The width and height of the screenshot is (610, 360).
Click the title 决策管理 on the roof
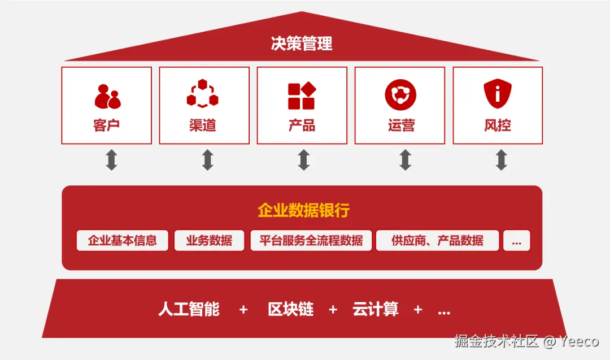click(x=302, y=44)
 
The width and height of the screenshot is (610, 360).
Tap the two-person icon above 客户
click(x=107, y=97)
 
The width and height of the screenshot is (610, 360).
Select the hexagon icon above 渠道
click(x=203, y=94)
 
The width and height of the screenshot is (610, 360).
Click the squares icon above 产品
click(x=302, y=96)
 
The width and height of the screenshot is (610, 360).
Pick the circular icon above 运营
click(x=400, y=94)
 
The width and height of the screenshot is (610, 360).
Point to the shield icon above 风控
click(x=498, y=94)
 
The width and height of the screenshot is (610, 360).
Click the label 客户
click(x=107, y=125)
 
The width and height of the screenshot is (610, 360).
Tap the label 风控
click(x=498, y=125)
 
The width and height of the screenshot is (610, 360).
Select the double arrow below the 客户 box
click(x=111, y=160)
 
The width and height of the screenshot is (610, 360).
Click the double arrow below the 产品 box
click(x=304, y=160)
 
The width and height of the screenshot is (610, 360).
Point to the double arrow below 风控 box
click(x=501, y=160)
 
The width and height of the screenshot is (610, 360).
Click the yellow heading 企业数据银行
click(x=303, y=211)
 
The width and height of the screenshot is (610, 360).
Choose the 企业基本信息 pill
click(x=123, y=240)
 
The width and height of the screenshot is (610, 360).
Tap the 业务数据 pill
click(x=209, y=240)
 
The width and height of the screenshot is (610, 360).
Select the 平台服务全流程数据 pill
click(x=311, y=240)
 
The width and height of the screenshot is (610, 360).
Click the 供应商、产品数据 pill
click(x=437, y=240)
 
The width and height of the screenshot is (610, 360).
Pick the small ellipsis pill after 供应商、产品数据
click(x=516, y=240)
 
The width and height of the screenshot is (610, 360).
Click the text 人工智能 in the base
click(x=189, y=309)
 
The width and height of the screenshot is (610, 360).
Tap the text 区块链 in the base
click(x=290, y=309)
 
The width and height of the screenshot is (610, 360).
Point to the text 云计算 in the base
click(x=376, y=309)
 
